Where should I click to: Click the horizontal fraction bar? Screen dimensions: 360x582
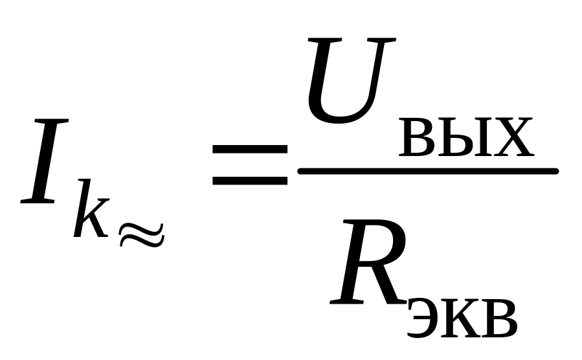pos(427,171)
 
